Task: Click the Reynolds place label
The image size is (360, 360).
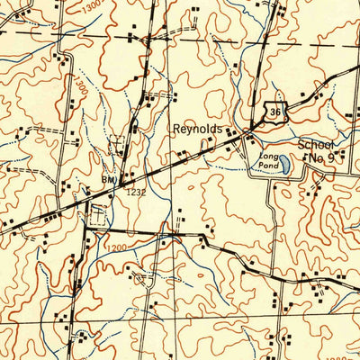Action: [x=198, y=130]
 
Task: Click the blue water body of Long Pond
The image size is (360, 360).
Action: [x=283, y=166]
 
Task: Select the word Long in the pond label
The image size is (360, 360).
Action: [x=266, y=156]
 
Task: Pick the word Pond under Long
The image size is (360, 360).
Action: [x=266, y=165]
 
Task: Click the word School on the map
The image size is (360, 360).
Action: [x=316, y=146]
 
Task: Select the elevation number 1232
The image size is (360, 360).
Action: [x=135, y=192]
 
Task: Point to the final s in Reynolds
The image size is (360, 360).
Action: [x=219, y=130]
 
